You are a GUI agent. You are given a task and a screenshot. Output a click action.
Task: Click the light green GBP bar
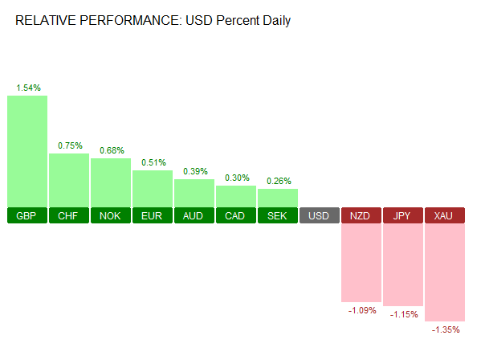pyautogui.click(x=27, y=151)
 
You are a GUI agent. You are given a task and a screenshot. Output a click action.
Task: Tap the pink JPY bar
pyautogui.click(x=403, y=264)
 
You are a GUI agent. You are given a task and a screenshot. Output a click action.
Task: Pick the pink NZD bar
pyautogui.click(x=361, y=262)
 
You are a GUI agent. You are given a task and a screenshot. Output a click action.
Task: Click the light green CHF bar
pyautogui.click(x=69, y=180)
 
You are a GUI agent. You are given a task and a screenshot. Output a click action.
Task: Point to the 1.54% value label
pyautogui.click(x=28, y=87)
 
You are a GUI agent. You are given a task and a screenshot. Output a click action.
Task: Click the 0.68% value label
pyautogui.click(x=112, y=149)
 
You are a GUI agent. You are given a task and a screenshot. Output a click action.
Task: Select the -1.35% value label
pyautogui.click(x=445, y=329)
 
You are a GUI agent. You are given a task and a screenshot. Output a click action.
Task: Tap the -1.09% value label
pyautogui.click(x=361, y=310)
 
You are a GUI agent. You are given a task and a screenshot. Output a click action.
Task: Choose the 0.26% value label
pyautogui.click(x=278, y=181)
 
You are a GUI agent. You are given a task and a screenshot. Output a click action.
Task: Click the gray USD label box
pyautogui.click(x=320, y=216)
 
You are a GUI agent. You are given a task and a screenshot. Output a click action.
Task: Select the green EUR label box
pyautogui.click(x=153, y=216)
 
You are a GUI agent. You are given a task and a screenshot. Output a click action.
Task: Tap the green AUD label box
pyautogui.click(x=194, y=216)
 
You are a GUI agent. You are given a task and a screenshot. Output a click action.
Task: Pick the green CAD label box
pyautogui.click(x=236, y=216)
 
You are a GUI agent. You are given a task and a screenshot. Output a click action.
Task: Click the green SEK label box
pyautogui.click(x=278, y=216)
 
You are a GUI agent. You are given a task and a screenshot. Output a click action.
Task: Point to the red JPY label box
pyautogui.click(x=403, y=216)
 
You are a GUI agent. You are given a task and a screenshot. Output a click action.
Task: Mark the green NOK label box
pyautogui.click(x=111, y=216)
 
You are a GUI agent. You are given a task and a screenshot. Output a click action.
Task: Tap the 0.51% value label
pyautogui.click(x=153, y=162)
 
